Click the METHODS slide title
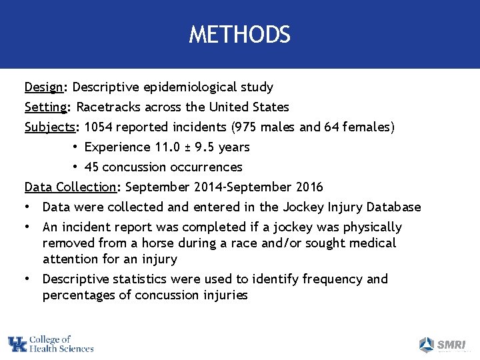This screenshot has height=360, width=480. (239, 35)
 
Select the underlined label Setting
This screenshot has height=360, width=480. (47, 107)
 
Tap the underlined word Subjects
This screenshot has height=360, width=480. (49, 127)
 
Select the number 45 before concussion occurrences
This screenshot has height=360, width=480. (93, 167)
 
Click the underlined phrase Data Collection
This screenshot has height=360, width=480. (69, 187)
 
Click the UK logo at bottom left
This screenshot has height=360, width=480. (18, 345)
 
